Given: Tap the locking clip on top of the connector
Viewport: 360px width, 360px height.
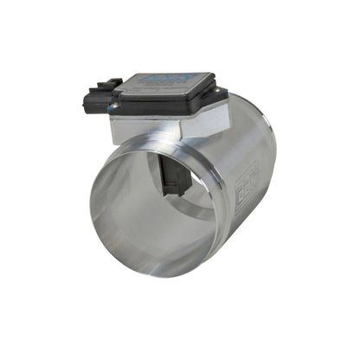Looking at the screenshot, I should tap(109, 84).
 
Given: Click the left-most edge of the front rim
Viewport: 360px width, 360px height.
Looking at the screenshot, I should tap(90, 212).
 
